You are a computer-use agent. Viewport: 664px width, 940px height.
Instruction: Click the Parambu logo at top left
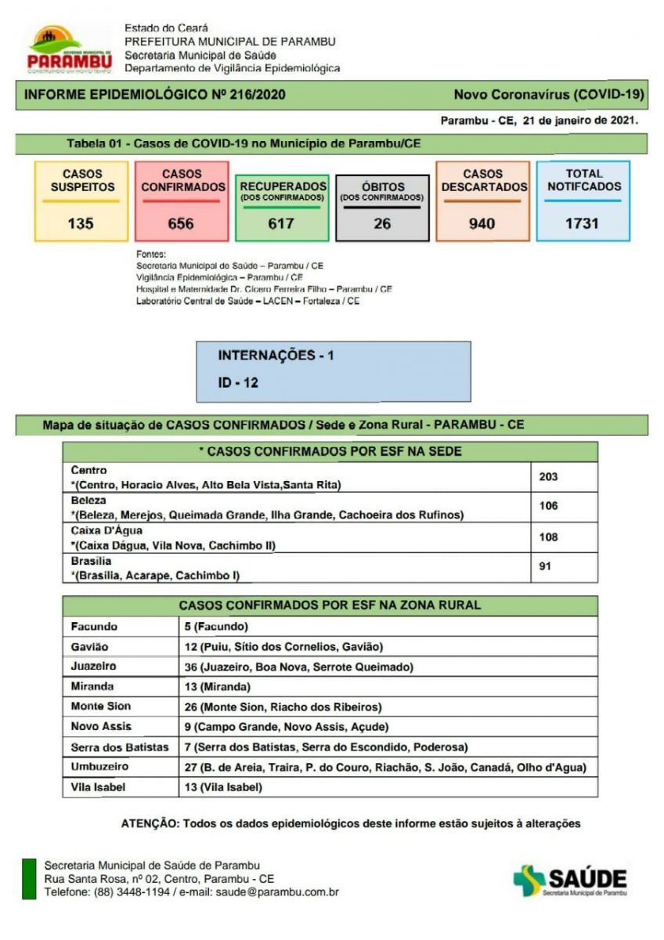69,49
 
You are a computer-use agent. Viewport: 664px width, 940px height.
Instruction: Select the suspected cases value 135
81,223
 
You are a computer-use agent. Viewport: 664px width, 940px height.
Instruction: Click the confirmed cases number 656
181,223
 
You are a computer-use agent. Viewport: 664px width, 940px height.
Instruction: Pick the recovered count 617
281,223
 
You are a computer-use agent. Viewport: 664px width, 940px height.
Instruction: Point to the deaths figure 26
382,223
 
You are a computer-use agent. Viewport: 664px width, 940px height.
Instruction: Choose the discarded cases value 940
482,223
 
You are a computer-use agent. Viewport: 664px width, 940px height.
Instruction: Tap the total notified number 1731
582,223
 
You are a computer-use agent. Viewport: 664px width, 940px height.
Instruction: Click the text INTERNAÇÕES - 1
276,356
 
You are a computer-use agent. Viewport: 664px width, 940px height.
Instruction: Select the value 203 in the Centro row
549,476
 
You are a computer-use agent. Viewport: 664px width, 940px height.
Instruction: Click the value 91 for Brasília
545,566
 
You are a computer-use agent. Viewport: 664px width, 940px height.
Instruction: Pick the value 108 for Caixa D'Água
549,537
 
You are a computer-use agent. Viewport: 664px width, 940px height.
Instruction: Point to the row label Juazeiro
93,667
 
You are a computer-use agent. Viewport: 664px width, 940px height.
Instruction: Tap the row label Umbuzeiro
99,767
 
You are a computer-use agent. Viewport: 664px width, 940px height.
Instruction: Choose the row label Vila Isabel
97,787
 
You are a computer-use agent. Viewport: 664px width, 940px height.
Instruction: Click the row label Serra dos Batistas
120,747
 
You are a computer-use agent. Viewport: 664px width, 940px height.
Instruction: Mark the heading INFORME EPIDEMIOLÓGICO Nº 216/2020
155,95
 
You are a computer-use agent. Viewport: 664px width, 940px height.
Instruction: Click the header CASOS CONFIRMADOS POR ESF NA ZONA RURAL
330,606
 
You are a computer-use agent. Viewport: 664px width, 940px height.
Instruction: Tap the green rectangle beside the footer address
29,879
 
